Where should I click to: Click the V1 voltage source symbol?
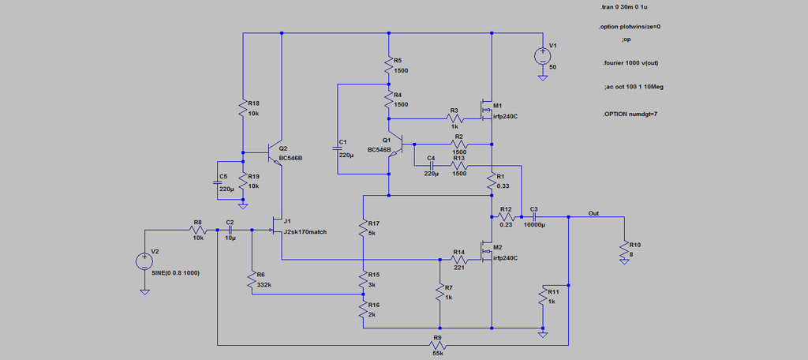click(542, 56)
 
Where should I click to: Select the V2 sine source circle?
click(145, 261)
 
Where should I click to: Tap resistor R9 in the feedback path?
click(437, 344)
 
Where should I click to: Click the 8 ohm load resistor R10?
click(624, 249)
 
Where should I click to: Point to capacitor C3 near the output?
click(534, 217)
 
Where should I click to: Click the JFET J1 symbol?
click(277, 229)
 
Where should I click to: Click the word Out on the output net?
click(593, 213)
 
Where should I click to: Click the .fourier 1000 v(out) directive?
click(629, 63)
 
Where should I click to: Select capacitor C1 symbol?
click(338, 149)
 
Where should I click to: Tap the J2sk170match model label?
click(305, 231)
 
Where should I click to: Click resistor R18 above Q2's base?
click(243, 108)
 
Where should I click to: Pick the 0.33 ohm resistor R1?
click(492, 182)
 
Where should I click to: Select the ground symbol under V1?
click(542, 78)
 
